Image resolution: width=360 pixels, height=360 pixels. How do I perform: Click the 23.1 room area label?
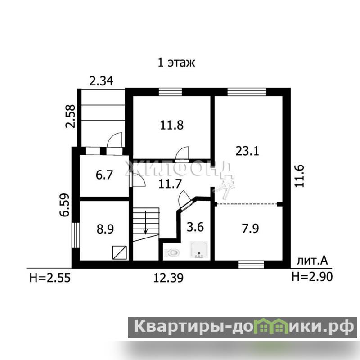click(247, 151)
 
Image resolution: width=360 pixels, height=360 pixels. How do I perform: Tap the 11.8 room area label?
click(172, 126)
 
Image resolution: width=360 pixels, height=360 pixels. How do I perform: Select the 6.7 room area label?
click(104, 175)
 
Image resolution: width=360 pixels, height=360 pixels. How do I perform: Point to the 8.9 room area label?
click(105, 229)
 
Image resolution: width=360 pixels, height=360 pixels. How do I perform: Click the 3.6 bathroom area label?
click(195, 227)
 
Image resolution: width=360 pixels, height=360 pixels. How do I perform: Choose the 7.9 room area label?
click(250, 229)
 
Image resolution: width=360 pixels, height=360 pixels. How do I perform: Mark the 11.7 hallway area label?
click(170, 184)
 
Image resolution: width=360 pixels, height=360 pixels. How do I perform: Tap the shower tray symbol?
click(199, 250)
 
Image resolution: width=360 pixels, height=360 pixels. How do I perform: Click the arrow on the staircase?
click(145, 222)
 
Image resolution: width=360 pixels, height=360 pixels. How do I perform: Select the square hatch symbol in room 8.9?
click(120, 252)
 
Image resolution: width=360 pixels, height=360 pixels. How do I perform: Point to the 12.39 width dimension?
click(168, 278)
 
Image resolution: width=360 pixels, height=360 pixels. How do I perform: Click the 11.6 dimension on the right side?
click(299, 176)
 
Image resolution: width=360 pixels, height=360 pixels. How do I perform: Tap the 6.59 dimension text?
click(64, 205)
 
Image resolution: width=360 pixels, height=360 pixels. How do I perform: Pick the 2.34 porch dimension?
click(101, 81)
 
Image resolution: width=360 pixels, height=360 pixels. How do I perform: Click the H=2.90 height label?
click(312, 277)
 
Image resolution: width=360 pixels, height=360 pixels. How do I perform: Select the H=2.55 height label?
click(50, 278)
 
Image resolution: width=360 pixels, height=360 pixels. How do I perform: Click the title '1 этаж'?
click(176, 63)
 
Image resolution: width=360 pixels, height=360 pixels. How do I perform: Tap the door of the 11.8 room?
click(182, 153)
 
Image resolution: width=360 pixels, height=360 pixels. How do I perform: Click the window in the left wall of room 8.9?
click(76, 235)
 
